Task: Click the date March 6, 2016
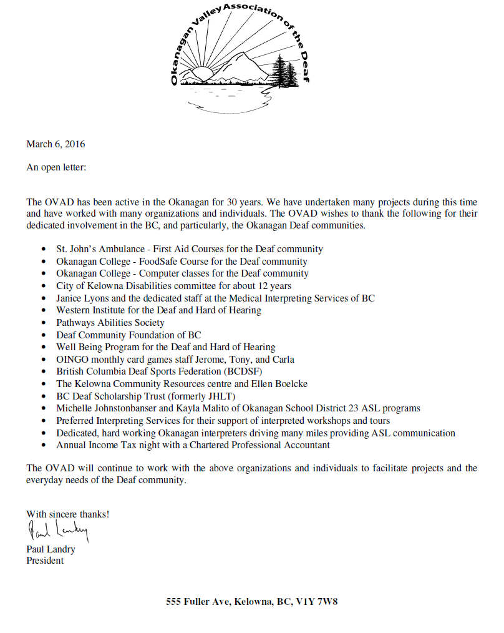56,144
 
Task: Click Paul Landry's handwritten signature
58,532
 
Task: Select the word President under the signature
45,561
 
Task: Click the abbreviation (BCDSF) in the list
247,371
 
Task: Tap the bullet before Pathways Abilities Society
43,323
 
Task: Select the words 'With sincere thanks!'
68,514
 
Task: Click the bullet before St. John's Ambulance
43,250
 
